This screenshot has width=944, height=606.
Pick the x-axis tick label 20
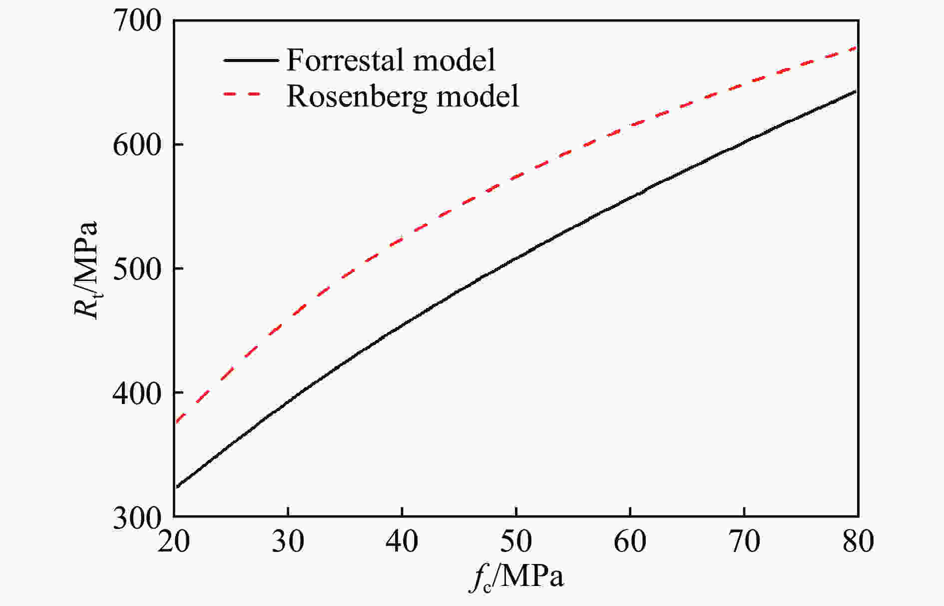coord(174,541)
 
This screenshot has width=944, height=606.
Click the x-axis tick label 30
coord(288,541)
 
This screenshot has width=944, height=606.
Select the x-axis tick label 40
coord(402,541)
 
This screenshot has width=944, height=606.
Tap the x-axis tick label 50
coord(516,541)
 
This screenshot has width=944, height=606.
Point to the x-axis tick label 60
coord(630,541)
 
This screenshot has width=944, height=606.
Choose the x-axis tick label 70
coord(744,541)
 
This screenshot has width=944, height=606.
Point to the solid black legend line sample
coord(251,60)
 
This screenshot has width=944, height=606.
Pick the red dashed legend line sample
coord(243,95)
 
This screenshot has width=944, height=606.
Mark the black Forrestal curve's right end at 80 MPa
coord(856,91)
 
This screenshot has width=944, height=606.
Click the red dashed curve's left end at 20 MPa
coord(176,422)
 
